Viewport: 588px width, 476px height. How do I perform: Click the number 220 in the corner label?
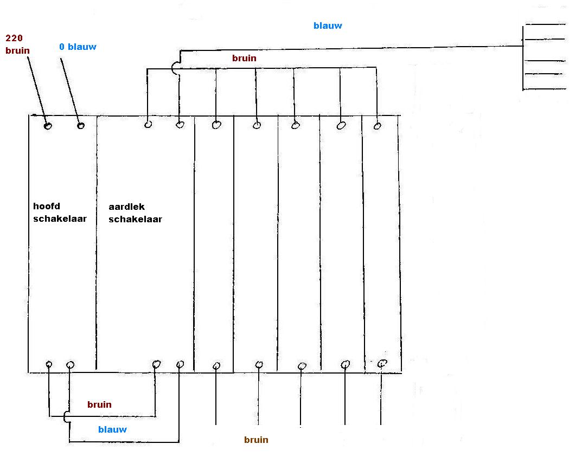coord(14,38)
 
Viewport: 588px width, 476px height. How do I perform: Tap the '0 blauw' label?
coord(78,47)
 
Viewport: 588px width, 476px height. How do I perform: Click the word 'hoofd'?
coord(46,206)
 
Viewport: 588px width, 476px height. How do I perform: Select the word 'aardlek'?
coord(126,207)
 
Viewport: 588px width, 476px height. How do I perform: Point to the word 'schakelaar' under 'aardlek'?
coord(135,219)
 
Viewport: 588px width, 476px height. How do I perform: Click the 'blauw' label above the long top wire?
coord(328,25)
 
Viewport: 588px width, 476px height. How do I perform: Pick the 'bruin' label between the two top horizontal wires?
coord(244,58)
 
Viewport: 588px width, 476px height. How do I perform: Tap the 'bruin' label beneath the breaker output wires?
coord(256,440)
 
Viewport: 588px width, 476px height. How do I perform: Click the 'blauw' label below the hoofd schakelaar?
coord(112,429)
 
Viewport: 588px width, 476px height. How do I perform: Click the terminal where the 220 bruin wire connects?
coord(48,126)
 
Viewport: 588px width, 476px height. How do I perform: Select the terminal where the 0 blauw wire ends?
coord(81,126)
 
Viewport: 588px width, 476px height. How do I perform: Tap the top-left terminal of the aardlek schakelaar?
coord(148,125)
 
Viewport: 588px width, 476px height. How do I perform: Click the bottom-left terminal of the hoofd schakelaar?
coord(49,364)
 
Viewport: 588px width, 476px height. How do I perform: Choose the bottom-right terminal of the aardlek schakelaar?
coord(180,364)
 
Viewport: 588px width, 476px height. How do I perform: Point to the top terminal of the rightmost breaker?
coord(378,126)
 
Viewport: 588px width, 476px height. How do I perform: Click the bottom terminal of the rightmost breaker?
coord(382,363)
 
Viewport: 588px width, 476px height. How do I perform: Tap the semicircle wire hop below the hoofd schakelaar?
coord(66,416)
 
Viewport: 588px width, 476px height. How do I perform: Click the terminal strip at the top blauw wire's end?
coord(542,57)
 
